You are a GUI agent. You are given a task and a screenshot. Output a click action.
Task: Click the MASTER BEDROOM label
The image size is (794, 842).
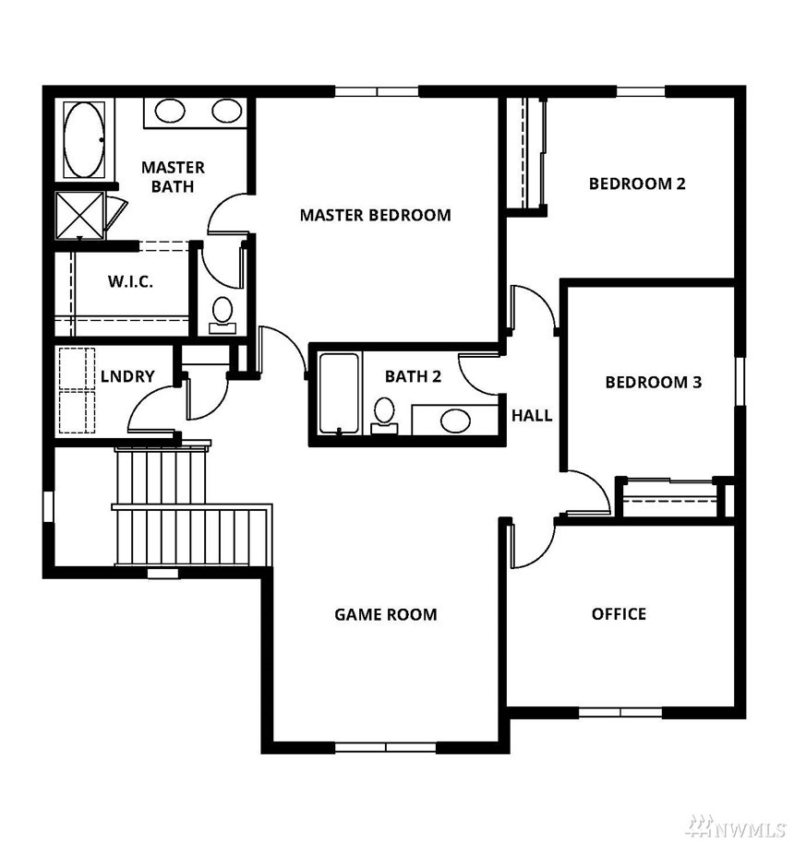coord(375,215)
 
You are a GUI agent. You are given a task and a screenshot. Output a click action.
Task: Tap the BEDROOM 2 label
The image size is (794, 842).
coord(637,184)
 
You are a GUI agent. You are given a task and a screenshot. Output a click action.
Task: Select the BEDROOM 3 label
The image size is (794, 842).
coord(653,383)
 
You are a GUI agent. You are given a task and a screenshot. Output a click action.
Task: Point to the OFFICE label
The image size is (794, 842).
coord(619,614)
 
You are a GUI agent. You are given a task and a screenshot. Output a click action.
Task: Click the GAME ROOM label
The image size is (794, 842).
coord(385,614)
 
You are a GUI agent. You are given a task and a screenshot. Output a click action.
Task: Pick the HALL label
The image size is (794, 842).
coord(532,415)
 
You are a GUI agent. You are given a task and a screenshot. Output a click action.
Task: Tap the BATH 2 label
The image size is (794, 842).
coord(413,376)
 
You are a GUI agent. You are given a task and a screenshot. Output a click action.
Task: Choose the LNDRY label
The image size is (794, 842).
coord(127,376)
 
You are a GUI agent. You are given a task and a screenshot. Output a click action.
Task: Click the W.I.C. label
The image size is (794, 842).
coord(130,281)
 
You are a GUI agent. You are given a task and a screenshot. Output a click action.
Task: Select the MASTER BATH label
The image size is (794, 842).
coord(173,177)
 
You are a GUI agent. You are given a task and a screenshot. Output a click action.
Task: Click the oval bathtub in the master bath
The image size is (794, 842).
coord(84,139)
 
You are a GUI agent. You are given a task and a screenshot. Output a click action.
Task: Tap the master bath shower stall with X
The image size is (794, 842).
coord(80,215)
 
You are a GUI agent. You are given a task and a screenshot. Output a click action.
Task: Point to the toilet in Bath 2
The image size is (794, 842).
coord(384,415)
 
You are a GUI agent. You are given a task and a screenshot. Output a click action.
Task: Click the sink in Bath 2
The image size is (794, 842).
coord(455,421)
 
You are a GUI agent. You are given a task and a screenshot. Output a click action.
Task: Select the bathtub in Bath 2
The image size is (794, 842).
coord(339,393)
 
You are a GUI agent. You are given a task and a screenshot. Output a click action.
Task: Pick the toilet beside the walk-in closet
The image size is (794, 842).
coord(223,315)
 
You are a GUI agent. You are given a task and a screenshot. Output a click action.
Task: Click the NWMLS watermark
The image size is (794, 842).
coord(740,826)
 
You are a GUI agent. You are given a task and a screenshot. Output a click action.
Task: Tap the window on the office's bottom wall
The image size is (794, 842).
coord(620,713)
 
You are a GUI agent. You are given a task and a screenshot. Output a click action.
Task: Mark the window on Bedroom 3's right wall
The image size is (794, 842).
coord(740,381)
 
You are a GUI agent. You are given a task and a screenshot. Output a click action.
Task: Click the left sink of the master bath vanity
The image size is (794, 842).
coord(170,112)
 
